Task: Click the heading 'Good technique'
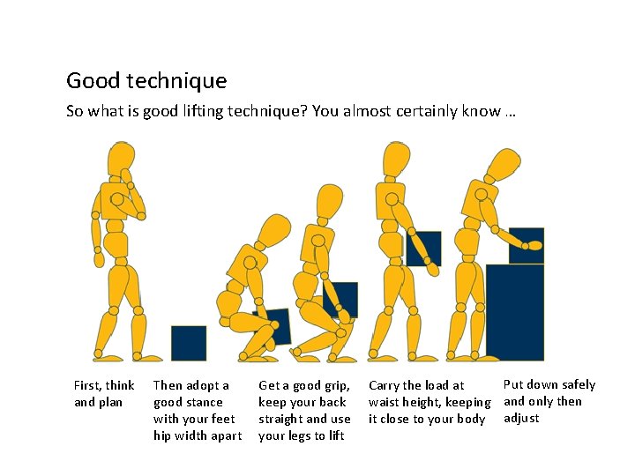(146, 81)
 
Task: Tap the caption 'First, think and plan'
(104, 393)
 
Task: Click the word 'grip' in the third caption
(332, 385)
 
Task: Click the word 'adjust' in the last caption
(521, 418)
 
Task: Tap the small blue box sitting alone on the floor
(189, 343)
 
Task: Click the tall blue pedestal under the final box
(515, 312)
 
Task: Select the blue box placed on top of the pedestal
(527, 245)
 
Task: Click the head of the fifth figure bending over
(504, 167)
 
